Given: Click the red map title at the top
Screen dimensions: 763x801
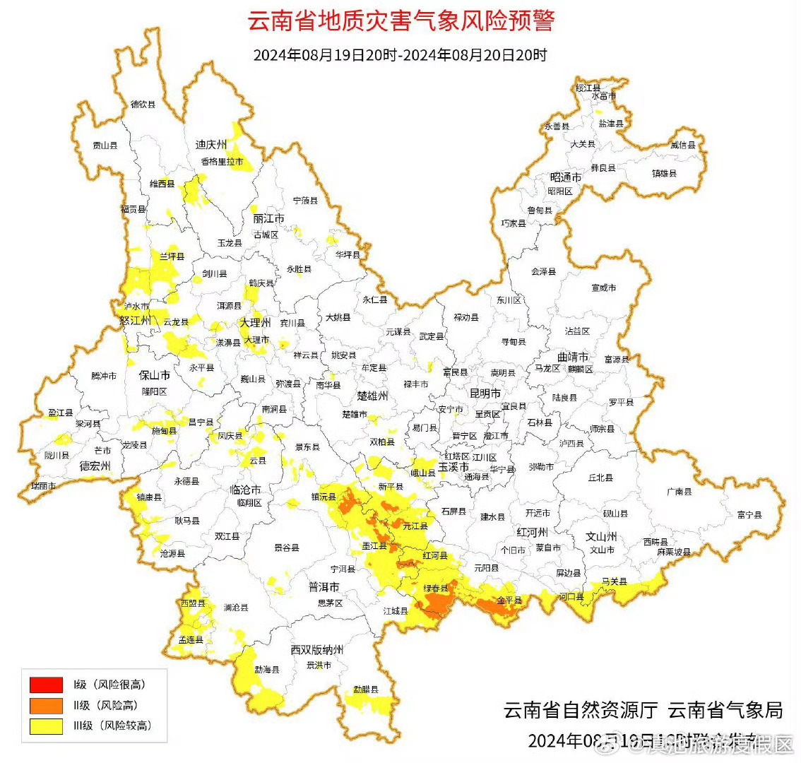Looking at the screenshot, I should pos(400,21).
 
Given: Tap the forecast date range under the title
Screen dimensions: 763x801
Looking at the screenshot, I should pos(400,55).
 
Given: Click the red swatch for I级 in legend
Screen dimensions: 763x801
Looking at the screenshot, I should pos(46,685).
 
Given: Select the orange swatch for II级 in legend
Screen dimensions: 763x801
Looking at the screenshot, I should pos(46,705).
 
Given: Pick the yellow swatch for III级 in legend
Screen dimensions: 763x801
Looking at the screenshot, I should pos(46,726).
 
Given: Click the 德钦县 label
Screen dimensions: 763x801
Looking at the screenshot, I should pos(143,105).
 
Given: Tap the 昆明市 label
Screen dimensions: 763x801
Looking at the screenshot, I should pos(485,393).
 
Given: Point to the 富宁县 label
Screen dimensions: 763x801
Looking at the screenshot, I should pos(749,515).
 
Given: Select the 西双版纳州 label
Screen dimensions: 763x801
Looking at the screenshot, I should pos(317,650).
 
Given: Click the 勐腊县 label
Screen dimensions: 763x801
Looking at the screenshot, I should pos(366,689).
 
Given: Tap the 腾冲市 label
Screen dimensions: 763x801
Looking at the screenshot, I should pos(104,377).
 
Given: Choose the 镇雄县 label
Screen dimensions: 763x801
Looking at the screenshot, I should pos(664,173).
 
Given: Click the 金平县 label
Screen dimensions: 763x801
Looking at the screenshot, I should pos(509,601).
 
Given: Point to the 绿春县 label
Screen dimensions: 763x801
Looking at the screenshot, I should pos(436,588).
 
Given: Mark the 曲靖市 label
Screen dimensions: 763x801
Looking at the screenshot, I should pos(573,357).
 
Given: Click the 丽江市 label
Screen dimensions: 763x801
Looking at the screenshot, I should pos(268,219).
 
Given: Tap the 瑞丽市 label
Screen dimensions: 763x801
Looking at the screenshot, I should pos(44,486).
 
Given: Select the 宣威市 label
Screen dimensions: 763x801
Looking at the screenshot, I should pos(603,288).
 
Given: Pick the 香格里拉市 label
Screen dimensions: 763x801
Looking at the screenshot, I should pos(222,162).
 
